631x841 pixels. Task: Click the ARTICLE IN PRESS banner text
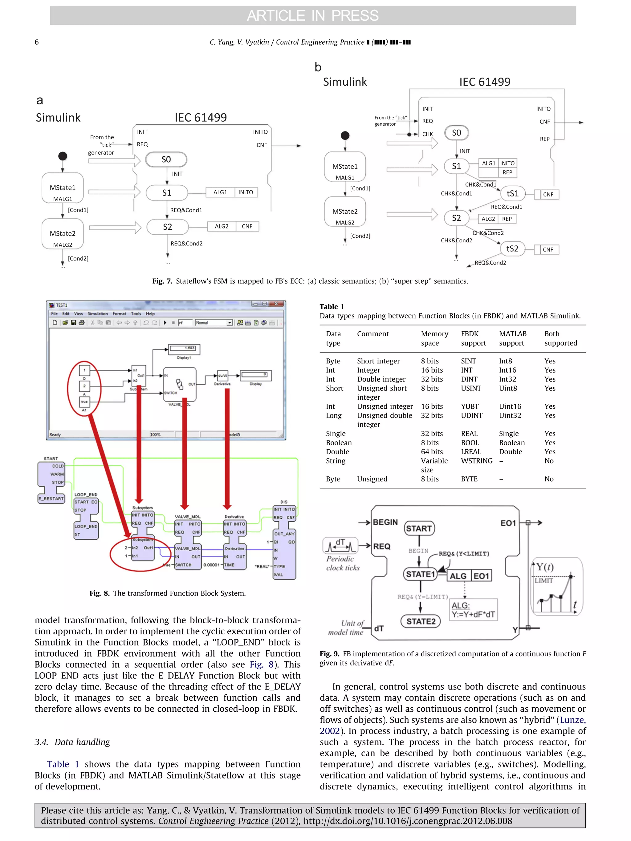(x=313, y=16)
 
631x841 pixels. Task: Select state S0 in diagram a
(x=166, y=159)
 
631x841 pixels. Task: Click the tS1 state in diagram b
(x=512, y=193)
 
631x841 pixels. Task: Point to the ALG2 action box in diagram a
(x=222, y=226)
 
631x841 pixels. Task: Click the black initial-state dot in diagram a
(x=63, y=156)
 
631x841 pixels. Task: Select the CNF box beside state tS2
(x=548, y=249)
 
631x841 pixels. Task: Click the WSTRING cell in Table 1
(x=476, y=461)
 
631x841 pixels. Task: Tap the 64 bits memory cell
(x=432, y=452)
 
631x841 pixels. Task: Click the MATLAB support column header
(x=512, y=338)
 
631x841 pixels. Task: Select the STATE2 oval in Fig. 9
(x=421, y=621)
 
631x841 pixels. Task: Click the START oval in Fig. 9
(x=419, y=528)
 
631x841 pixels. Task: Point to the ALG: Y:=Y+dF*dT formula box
(x=474, y=610)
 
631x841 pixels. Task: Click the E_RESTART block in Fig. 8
(x=51, y=499)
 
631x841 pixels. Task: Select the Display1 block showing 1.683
(x=185, y=348)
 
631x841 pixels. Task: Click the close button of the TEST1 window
(x=276, y=304)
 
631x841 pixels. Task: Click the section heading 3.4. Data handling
(x=72, y=742)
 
